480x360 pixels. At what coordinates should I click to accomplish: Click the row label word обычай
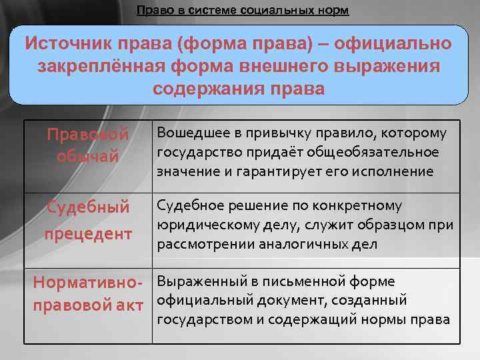tap(87, 156)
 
